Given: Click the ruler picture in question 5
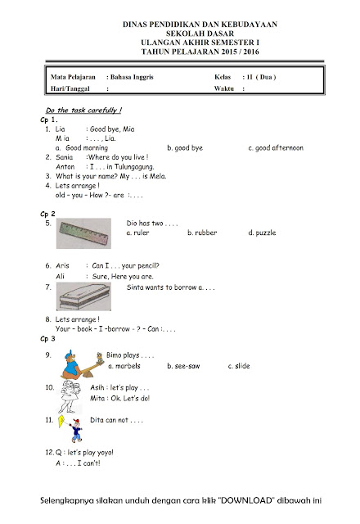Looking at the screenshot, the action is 83,233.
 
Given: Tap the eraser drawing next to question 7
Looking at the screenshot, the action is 83,296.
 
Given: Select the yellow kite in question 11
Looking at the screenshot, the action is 61,421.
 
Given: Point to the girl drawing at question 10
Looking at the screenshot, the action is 70,397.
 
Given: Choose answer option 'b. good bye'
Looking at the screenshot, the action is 185,148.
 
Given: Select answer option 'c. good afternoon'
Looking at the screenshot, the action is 276,148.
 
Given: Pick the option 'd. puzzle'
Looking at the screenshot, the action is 262,233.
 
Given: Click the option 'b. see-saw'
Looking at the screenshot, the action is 183,366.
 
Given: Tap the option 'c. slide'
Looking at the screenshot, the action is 239,366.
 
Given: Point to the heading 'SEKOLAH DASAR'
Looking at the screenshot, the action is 200,34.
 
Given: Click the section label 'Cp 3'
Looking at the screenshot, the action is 47,339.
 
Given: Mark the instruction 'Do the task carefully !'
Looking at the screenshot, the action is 83,111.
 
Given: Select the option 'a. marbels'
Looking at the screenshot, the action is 124,366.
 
